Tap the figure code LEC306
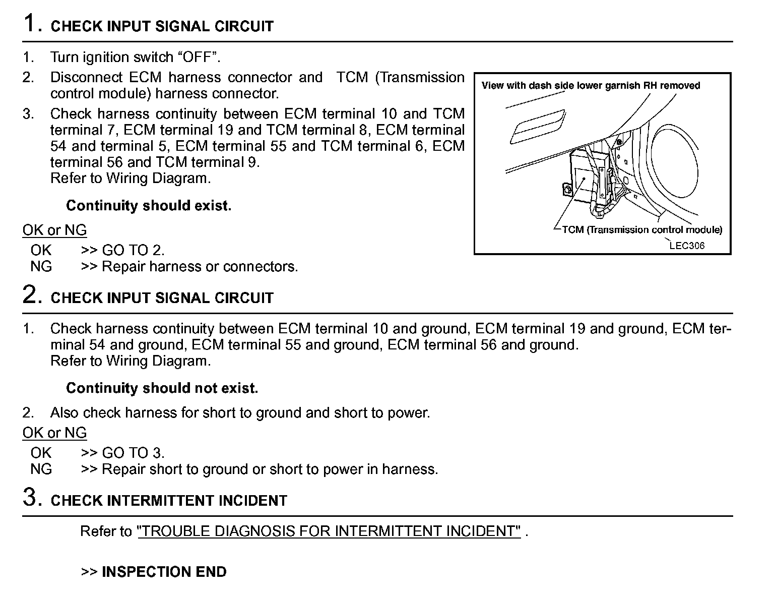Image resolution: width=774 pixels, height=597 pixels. (687, 246)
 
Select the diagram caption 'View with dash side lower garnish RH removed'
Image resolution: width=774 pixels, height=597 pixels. (591, 86)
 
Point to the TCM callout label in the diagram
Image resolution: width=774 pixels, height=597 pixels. (641, 230)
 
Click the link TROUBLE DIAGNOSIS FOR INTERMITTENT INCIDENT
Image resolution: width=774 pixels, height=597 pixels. (329, 531)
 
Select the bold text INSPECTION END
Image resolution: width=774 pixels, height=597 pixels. (164, 572)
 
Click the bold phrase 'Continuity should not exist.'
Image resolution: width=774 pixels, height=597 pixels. (162, 388)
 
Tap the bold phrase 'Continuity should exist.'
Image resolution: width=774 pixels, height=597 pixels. (149, 206)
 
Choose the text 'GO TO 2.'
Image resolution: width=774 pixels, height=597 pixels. (133, 250)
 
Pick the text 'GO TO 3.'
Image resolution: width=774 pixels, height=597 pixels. (133, 453)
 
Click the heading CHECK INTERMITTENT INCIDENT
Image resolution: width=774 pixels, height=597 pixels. (169, 501)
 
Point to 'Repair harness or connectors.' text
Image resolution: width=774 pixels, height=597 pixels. (200, 266)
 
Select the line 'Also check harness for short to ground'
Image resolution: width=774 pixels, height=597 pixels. (240, 413)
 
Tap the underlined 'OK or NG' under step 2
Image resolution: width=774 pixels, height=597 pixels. (54, 433)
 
